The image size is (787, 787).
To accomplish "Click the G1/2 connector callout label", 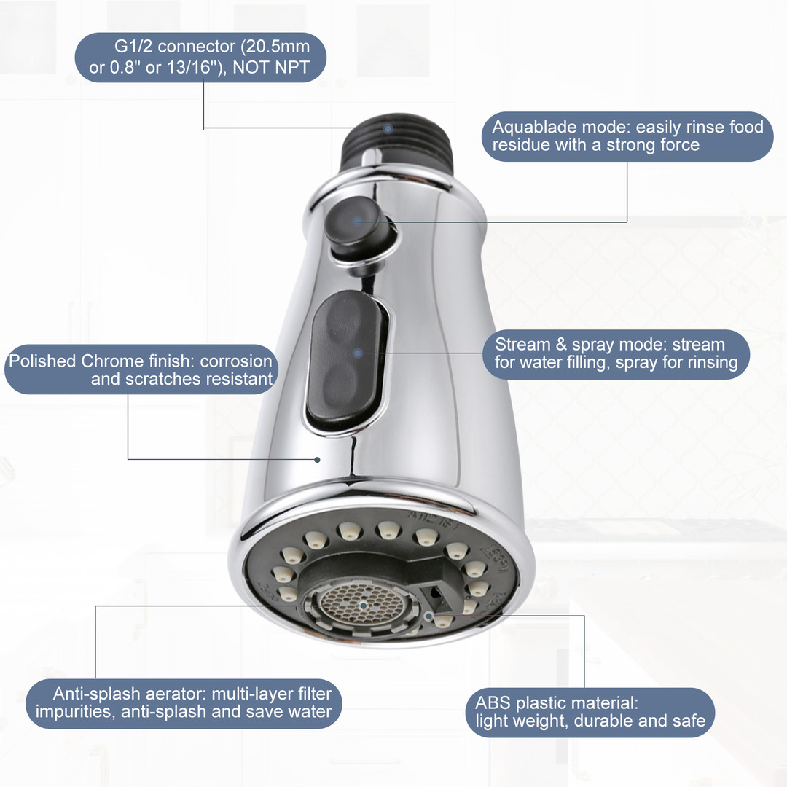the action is coord(200,58).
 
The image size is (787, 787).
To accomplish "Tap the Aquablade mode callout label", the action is coord(627,136).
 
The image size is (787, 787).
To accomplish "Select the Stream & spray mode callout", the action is coord(616,354).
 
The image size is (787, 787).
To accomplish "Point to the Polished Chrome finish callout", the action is coord(141,369).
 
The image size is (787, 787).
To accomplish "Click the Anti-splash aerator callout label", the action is coord(184,703).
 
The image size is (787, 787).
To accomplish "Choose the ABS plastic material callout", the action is coord(590,712).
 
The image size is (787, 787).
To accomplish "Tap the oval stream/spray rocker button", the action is coord(348,361).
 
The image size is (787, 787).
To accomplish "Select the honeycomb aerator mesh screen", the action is coord(362,605).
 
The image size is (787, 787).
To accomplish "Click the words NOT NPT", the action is coord(271,67).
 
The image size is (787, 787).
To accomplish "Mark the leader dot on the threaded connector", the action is coord(388,128).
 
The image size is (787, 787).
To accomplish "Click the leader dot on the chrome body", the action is coord(317,459).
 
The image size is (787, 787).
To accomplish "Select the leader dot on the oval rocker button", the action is coord(357,353).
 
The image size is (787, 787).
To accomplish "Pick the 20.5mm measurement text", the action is coord(275,47).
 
